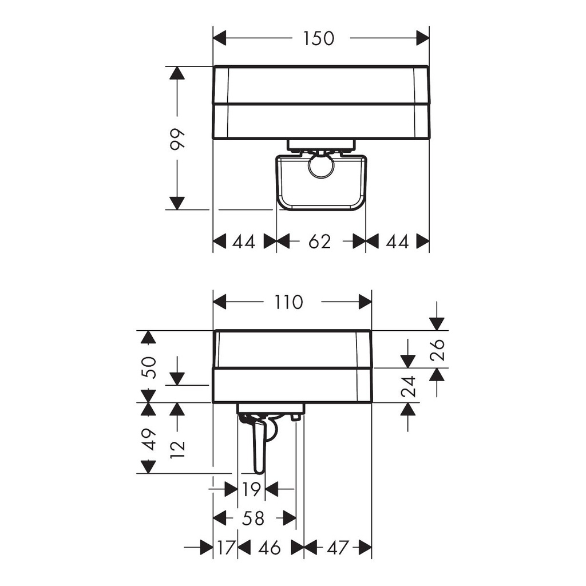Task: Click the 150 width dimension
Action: click(x=318, y=38)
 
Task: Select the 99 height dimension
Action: click(x=177, y=140)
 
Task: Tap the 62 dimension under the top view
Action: click(x=319, y=241)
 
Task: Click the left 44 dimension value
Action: click(x=244, y=241)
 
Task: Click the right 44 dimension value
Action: click(x=397, y=241)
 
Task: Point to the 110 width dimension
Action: click(x=288, y=302)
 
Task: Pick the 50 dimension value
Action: click(x=149, y=368)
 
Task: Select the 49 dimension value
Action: click(x=149, y=439)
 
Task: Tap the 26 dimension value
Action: click(x=437, y=350)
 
